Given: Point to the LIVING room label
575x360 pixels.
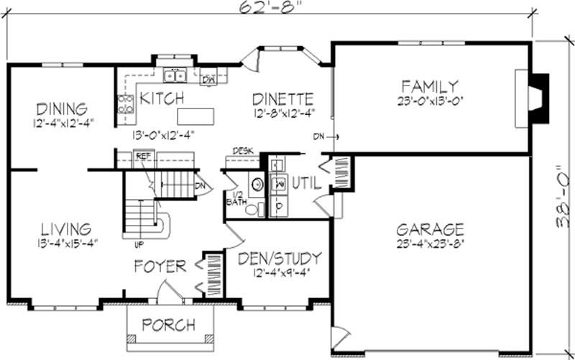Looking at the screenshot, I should [x=65, y=229].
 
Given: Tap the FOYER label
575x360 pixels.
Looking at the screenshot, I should [x=160, y=267].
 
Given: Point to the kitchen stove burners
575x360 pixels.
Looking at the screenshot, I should [x=126, y=103].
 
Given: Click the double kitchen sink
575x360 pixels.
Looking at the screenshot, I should [x=174, y=74].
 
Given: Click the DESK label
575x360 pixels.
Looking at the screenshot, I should [x=241, y=152].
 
